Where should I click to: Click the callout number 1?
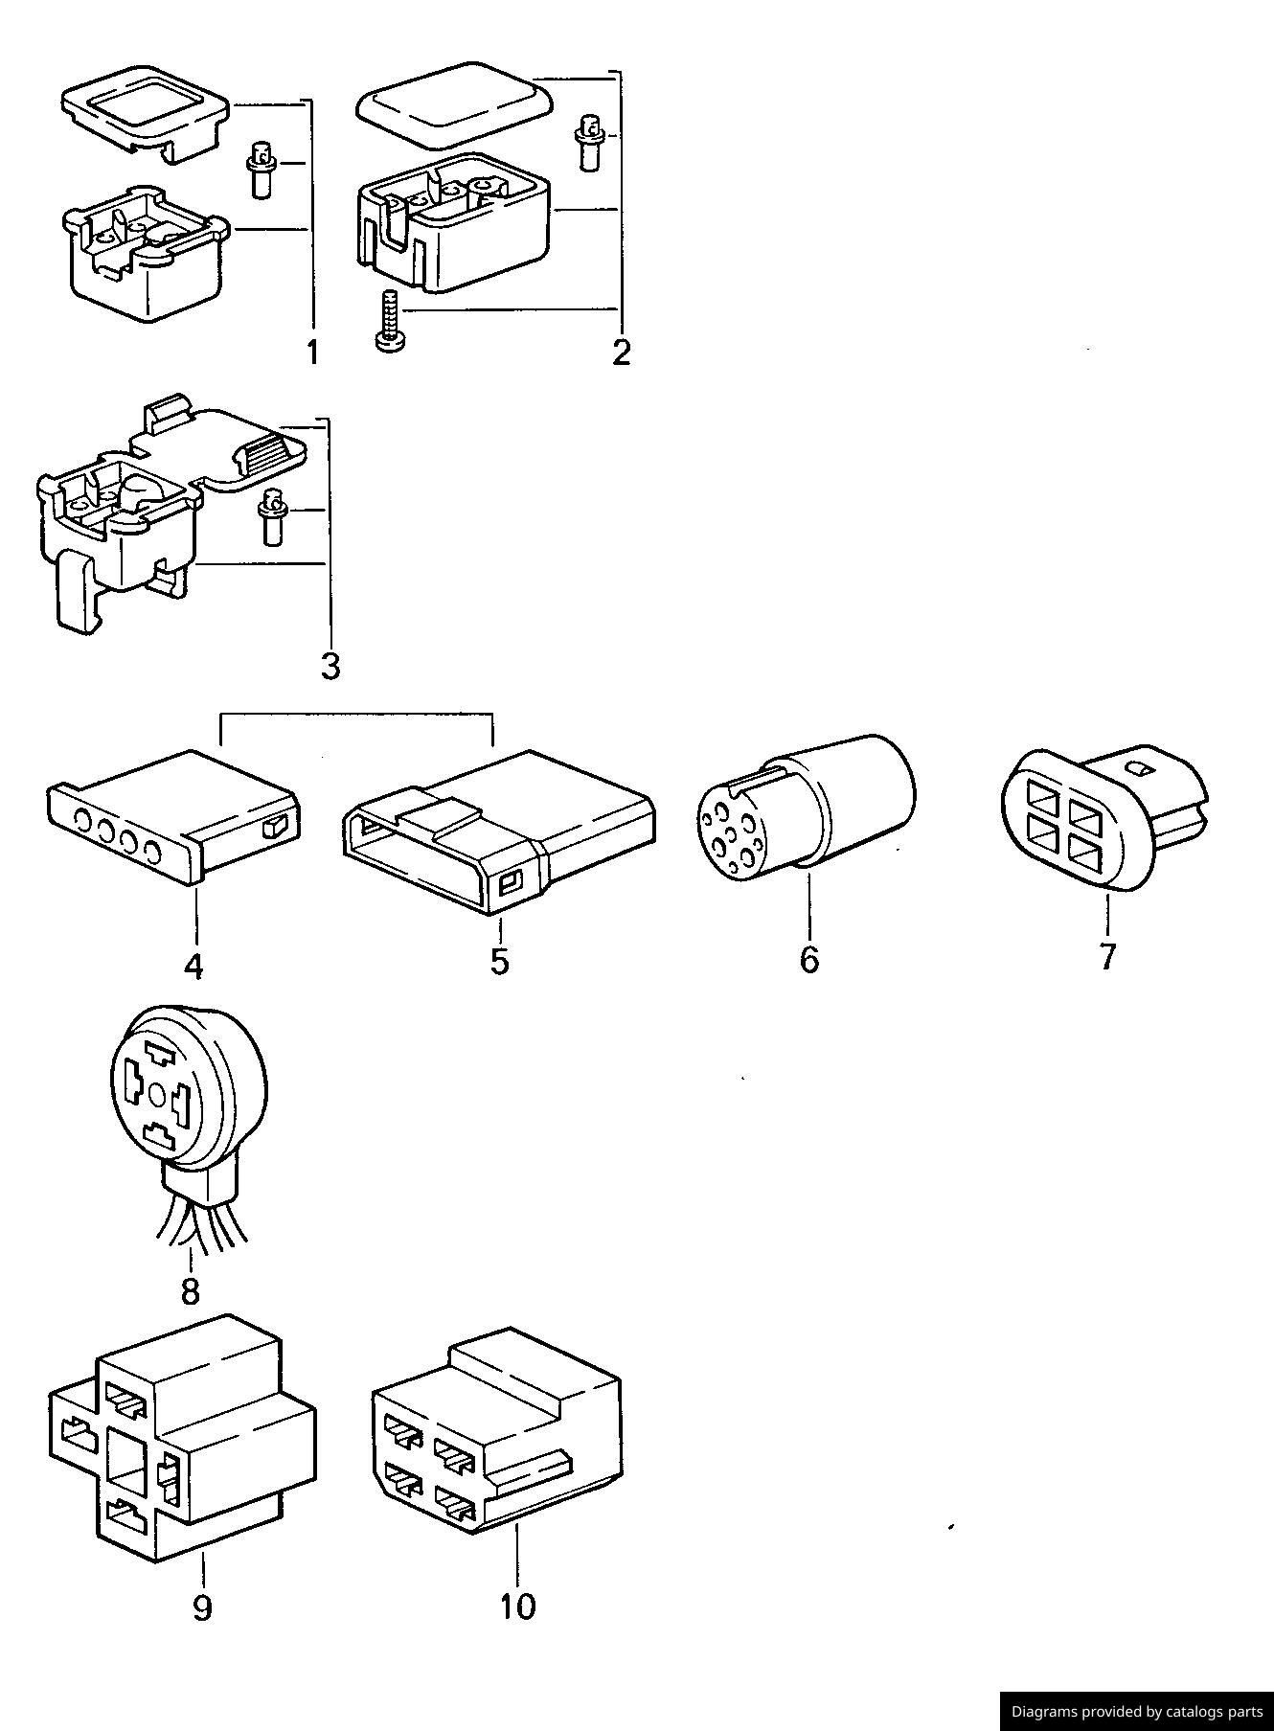click(x=312, y=353)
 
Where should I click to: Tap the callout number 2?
click(x=622, y=352)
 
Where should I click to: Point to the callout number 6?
click(x=809, y=959)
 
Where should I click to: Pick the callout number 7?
click(x=1107, y=956)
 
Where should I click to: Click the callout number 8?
click(x=190, y=1291)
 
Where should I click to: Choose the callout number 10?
click(x=517, y=1606)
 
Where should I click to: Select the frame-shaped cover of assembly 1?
click(x=147, y=109)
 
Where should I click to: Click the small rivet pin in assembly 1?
click(x=259, y=170)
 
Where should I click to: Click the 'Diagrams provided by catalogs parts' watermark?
click(x=1137, y=1711)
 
